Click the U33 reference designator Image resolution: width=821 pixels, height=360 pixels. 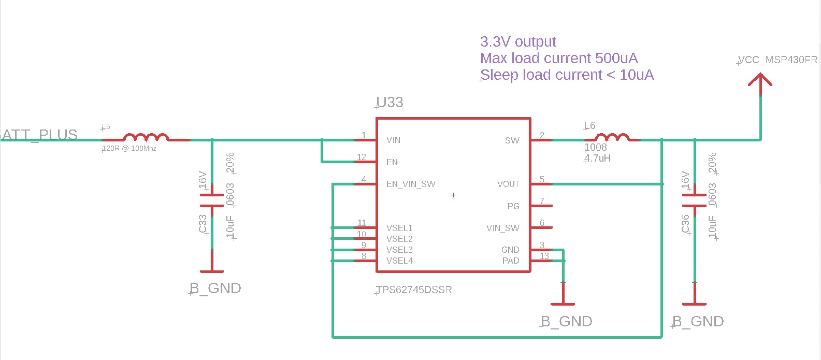click(390, 103)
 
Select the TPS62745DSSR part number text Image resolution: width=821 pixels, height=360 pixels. click(414, 290)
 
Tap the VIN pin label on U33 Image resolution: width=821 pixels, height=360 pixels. click(393, 140)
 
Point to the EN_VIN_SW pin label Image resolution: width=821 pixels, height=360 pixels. click(411, 184)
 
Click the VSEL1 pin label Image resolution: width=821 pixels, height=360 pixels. click(399, 228)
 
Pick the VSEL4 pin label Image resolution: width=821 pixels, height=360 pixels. click(399, 261)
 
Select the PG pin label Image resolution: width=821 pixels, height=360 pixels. click(513, 206)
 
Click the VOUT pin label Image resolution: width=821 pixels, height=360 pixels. click(508, 184)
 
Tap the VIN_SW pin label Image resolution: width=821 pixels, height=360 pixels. click(502, 228)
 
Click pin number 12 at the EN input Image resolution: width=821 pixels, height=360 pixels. click(362, 157)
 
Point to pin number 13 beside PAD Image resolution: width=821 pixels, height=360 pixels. click(544, 256)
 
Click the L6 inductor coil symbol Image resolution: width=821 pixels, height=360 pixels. click(612, 137)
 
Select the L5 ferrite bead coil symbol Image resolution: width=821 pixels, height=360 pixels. click(146, 137)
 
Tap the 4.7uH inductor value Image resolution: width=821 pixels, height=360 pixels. click(598, 158)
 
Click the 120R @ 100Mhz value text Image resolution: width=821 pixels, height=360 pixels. click(129, 149)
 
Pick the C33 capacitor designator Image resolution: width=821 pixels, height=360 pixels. click(203, 224)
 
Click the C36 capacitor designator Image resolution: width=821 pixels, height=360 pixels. click(685, 224)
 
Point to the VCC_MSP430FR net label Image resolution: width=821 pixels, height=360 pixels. click(777, 60)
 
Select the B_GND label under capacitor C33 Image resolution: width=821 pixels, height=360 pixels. click(215, 289)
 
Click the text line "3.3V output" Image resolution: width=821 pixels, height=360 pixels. click(518, 41)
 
